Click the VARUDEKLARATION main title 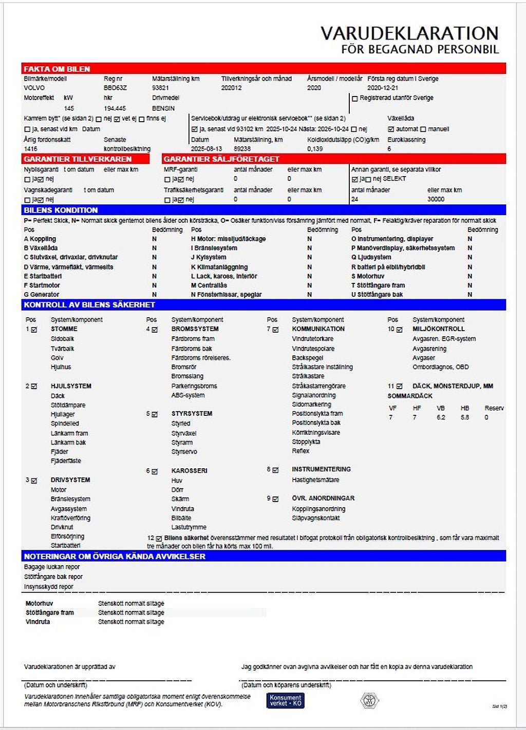[x=409, y=33]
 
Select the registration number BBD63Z [x=115, y=88]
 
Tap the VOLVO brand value [x=34, y=88]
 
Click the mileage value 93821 [x=160, y=88]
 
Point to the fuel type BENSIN [x=163, y=108]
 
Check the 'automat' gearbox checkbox [x=391, y=129]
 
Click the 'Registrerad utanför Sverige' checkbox [x=354, y=98]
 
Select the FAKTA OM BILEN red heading [x=57, y=69]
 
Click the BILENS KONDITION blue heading [x=61, y=210]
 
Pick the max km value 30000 [x=436, y=199]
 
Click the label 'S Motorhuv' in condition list [x=368, y=276]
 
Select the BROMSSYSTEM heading [x=195, y=329]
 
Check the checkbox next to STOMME [x=34, y=330]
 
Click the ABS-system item [x=188, y=395]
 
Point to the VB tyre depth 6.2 [x=441, y=417]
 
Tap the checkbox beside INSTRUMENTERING [x=276, y=470]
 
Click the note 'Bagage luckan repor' [x=52, y=567]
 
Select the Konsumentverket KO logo [x=286, y=700]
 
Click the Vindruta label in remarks [x=38, y=622]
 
